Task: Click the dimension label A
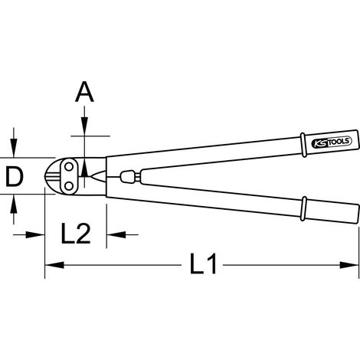[84, 92]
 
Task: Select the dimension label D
[15, 175]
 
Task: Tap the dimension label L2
[76, 233]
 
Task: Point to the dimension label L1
[203, 264]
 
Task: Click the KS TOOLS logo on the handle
[332, 142]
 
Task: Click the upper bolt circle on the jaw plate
[68, 167]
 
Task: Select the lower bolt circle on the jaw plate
[68, 186]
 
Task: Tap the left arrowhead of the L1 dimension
[54, 265]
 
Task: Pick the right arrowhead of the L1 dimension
[349, 265]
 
